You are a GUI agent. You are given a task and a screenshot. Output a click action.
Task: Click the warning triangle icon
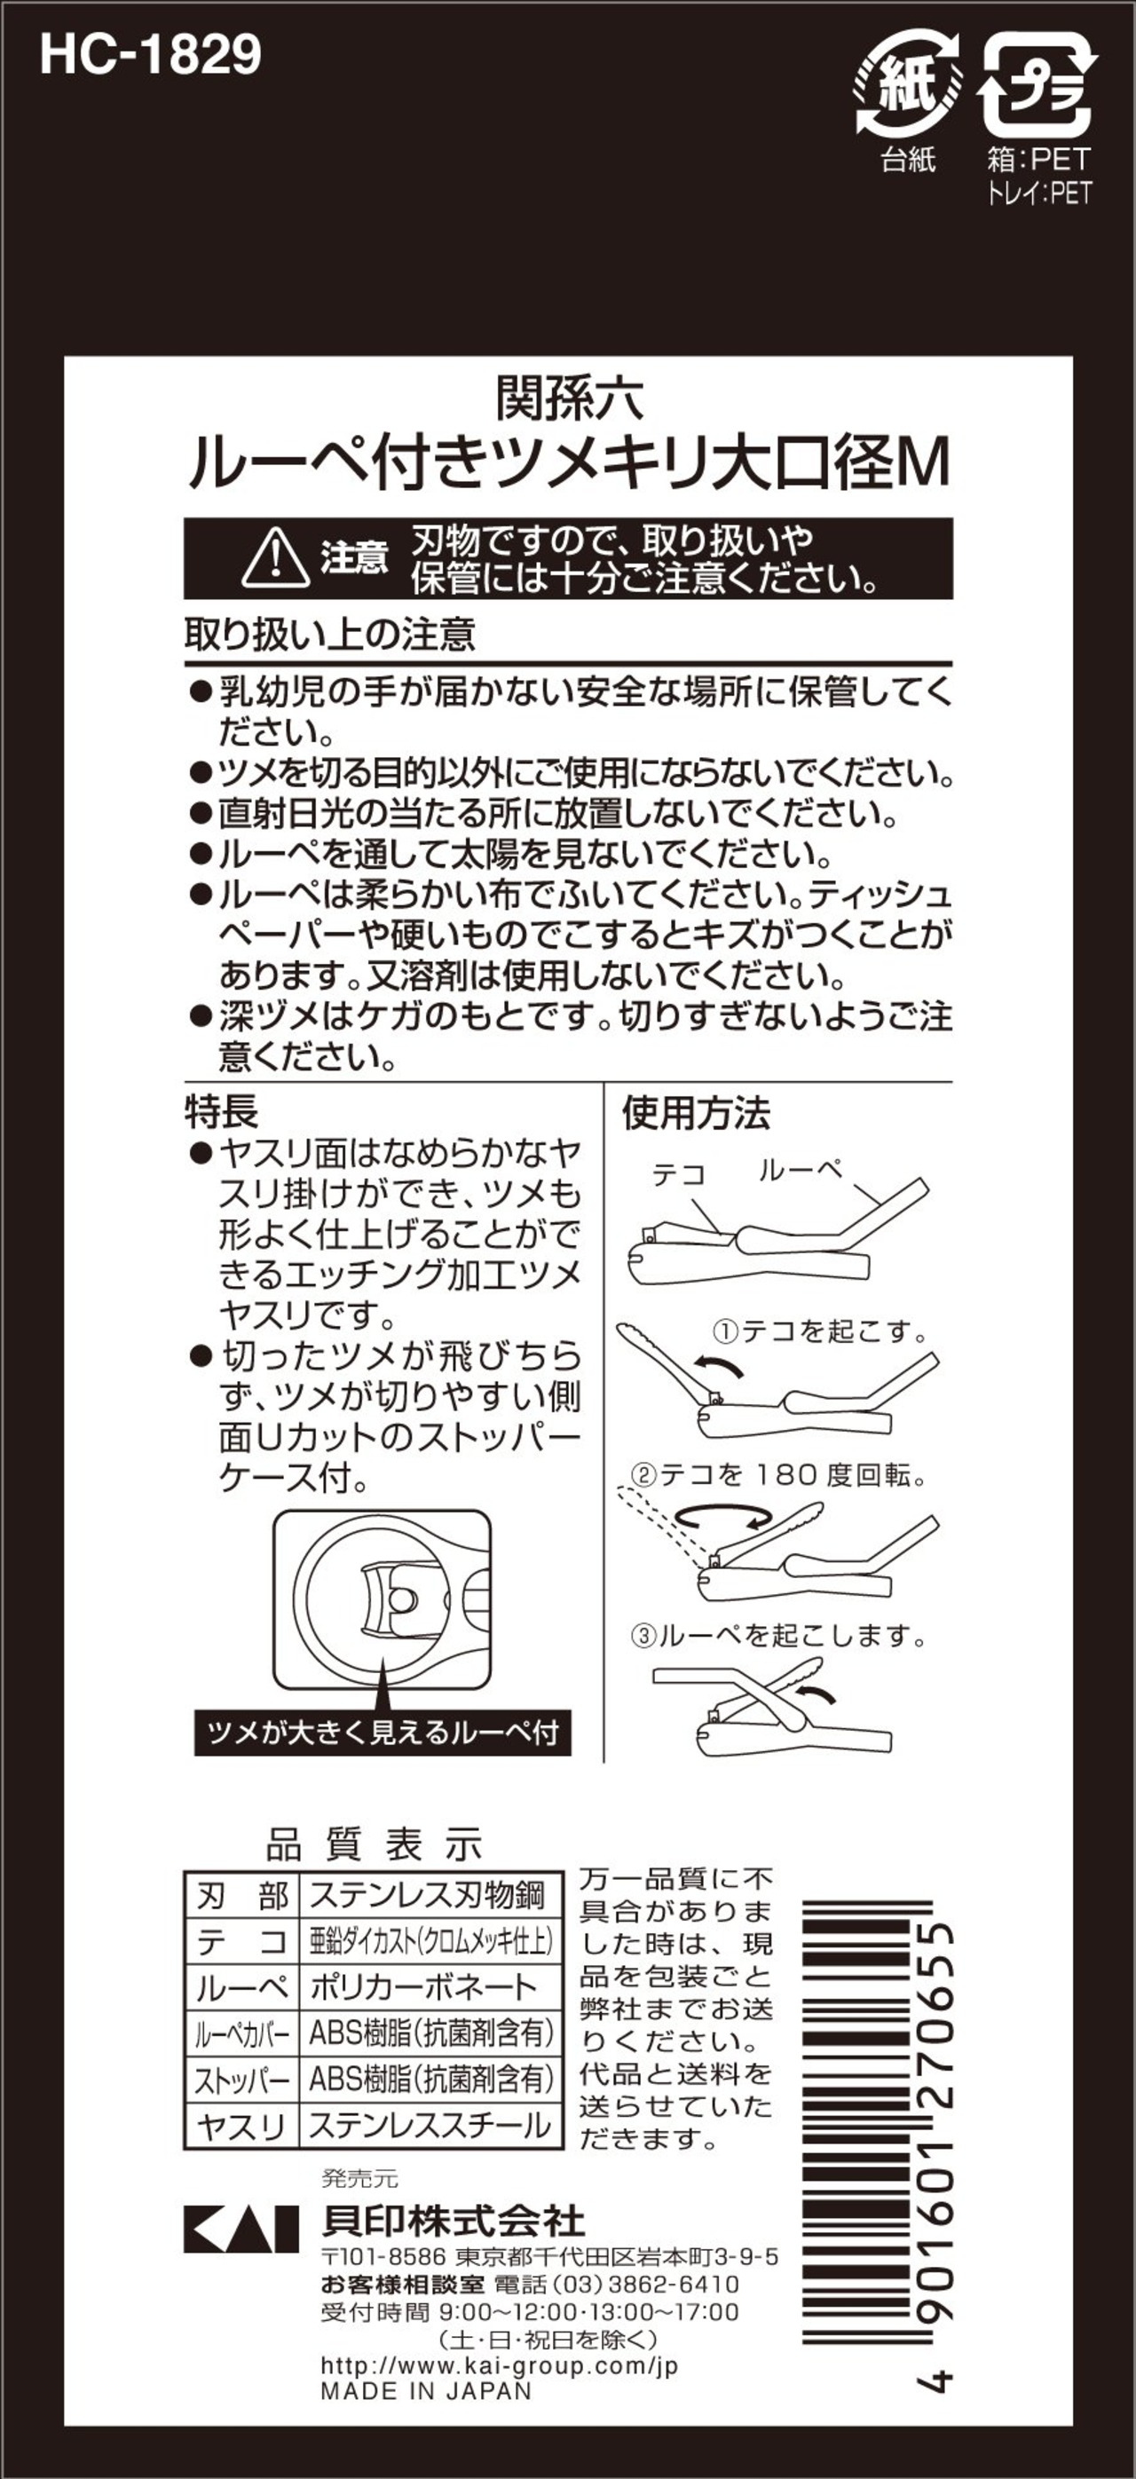tap(275, 557)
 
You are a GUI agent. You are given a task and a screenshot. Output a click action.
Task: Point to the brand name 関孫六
tap(569, 399)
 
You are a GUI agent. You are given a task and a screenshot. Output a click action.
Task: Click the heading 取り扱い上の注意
tap(330, 636)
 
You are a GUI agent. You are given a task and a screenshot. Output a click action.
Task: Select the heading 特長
tap(221, 1111)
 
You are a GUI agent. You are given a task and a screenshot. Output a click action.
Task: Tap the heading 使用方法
tap(696, 1112)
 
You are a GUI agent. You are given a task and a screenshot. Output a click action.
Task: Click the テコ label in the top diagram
tap(679, 1174)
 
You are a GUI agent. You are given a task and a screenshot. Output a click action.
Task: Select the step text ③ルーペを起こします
tap(777, 1635)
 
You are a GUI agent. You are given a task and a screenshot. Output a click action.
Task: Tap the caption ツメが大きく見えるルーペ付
tap(383, 1733)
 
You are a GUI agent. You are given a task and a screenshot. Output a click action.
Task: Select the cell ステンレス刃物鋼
tap(428, 1895)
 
